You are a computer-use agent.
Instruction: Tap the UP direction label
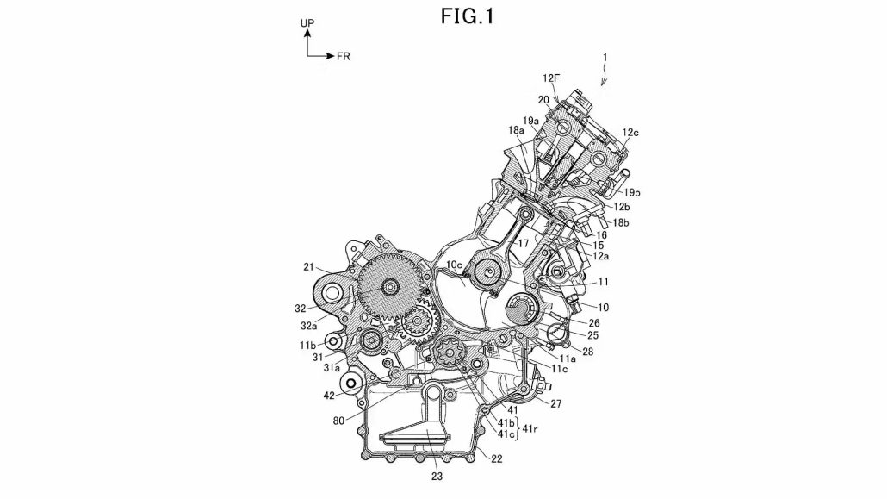[307, 24]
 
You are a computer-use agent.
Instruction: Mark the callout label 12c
[631, 132]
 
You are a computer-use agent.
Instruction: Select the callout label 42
[330, 396]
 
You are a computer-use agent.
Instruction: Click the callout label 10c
[454, 263]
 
